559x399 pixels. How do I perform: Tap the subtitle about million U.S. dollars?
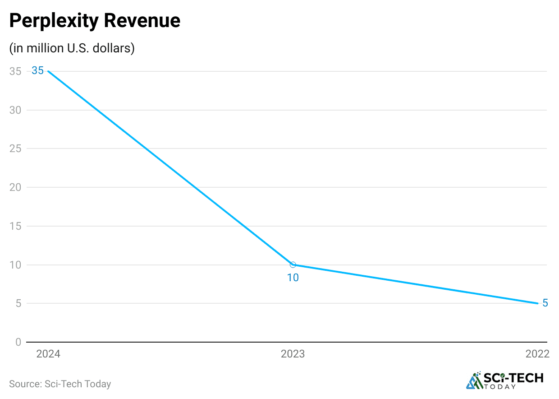(x=72, y=48)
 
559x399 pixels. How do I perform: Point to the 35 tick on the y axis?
(x=15, y=71)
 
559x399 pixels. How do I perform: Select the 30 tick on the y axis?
(x=15, y=110)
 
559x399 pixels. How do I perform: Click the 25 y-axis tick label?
(x=15, y=148)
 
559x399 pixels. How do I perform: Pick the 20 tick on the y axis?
(x=15, y=187)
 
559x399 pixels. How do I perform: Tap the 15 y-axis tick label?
(x=15, y=226)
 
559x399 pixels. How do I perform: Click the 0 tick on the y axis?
(x=18, y=342)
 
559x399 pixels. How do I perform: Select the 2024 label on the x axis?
(x=48, y=354)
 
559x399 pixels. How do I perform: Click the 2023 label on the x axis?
(x=293, y=354)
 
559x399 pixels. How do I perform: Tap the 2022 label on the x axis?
(x=537, y=354)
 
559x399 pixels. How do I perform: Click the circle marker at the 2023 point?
(x=293, y=265)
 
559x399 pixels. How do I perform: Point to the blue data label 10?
(x=293, y=278)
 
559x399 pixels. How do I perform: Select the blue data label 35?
(x=38, y=71)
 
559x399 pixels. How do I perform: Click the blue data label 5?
(x=545, y=303)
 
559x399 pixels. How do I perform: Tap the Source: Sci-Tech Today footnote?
(x=60, y=384)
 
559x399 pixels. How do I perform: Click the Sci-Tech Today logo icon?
(x=474, y=380)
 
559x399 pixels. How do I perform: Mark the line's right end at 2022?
(x=538, y=303)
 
